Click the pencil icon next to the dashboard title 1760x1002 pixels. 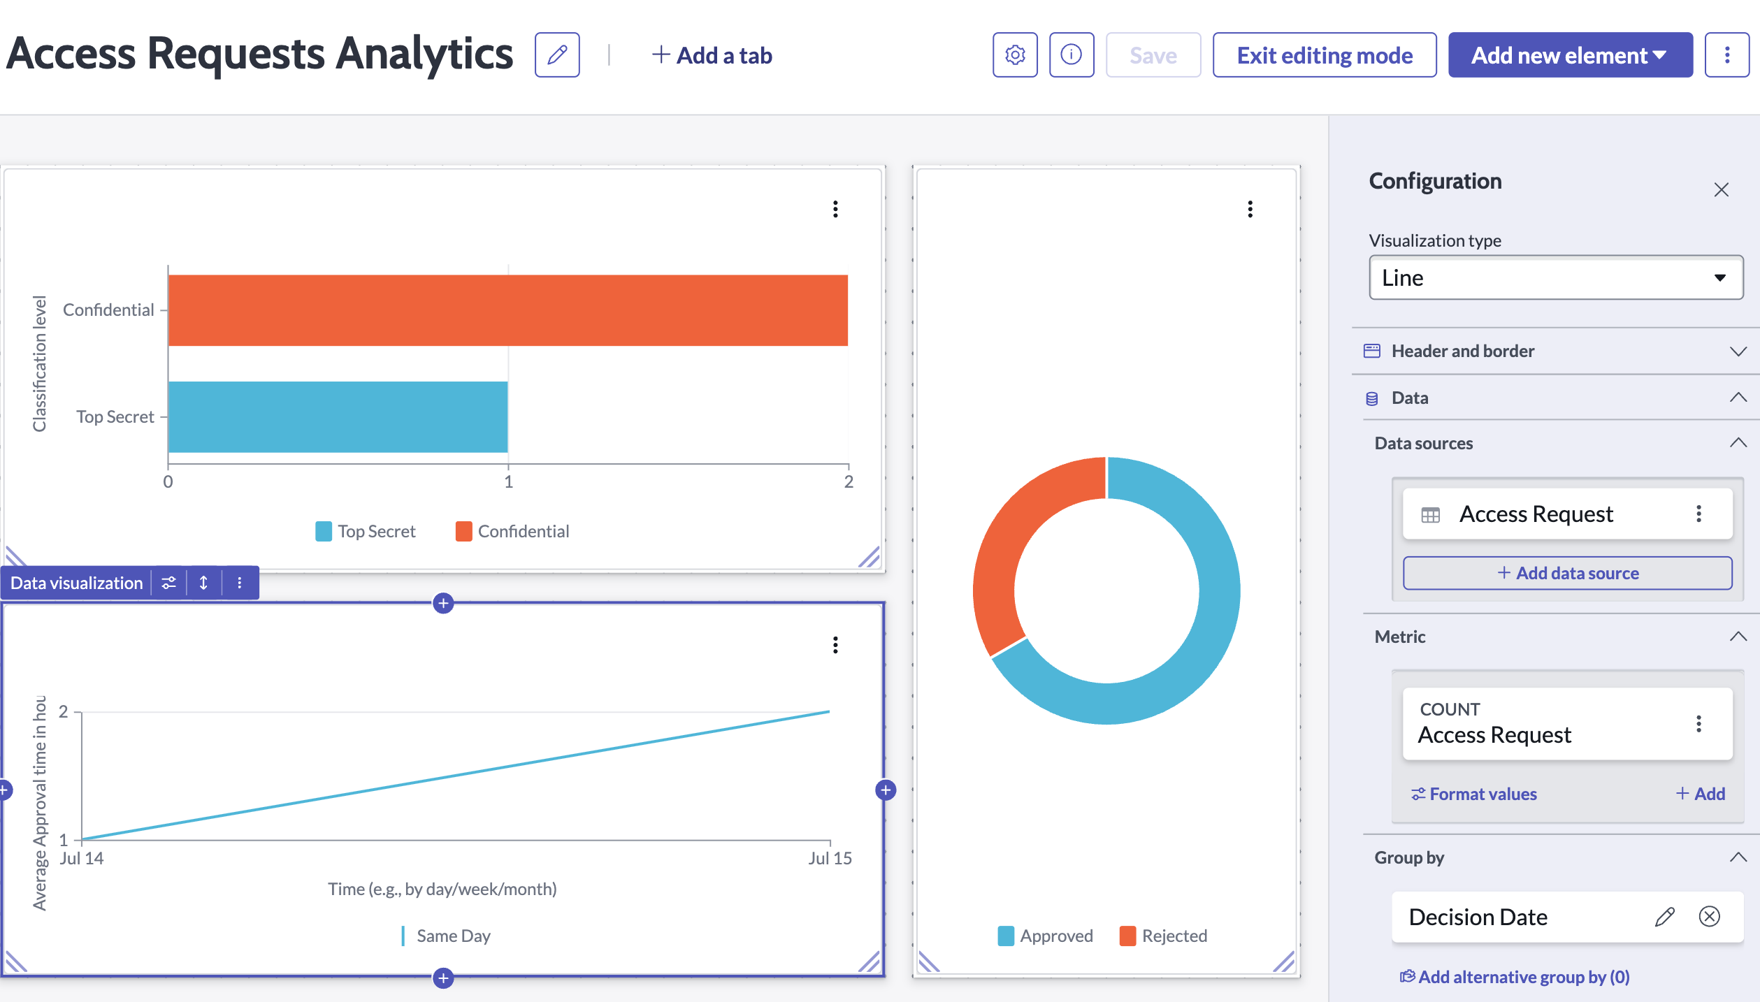pos(557,55)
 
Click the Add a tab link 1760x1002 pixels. pos(712,55)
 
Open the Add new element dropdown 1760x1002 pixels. pos(1569,55)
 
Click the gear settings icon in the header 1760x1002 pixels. pos(1015,55)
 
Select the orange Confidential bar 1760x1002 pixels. pos(507,310)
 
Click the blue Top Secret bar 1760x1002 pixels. pos(338,417)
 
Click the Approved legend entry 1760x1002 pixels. pos(1046,936)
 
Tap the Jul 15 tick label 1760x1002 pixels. pos(830,859)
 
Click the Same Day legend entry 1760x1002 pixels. pos(447,936)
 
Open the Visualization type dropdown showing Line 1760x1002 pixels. pos(1555,278)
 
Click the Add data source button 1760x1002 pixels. pos(1567,573)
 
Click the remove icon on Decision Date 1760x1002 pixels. pos(1709,916)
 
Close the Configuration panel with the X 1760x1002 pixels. pos(1721,190)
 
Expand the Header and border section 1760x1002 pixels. pos(1555,351)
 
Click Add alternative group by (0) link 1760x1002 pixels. pos(1515,977)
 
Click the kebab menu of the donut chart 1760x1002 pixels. pos(1250,209)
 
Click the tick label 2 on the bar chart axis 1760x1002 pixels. pos(849,481)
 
